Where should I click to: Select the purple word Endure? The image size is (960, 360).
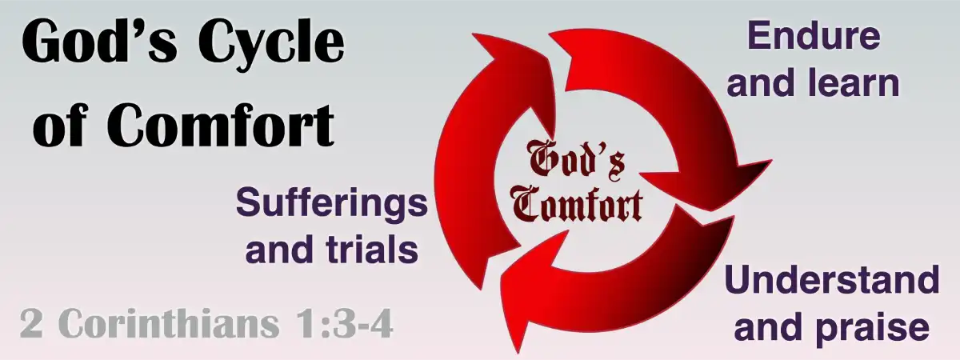[x=814, y=36]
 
